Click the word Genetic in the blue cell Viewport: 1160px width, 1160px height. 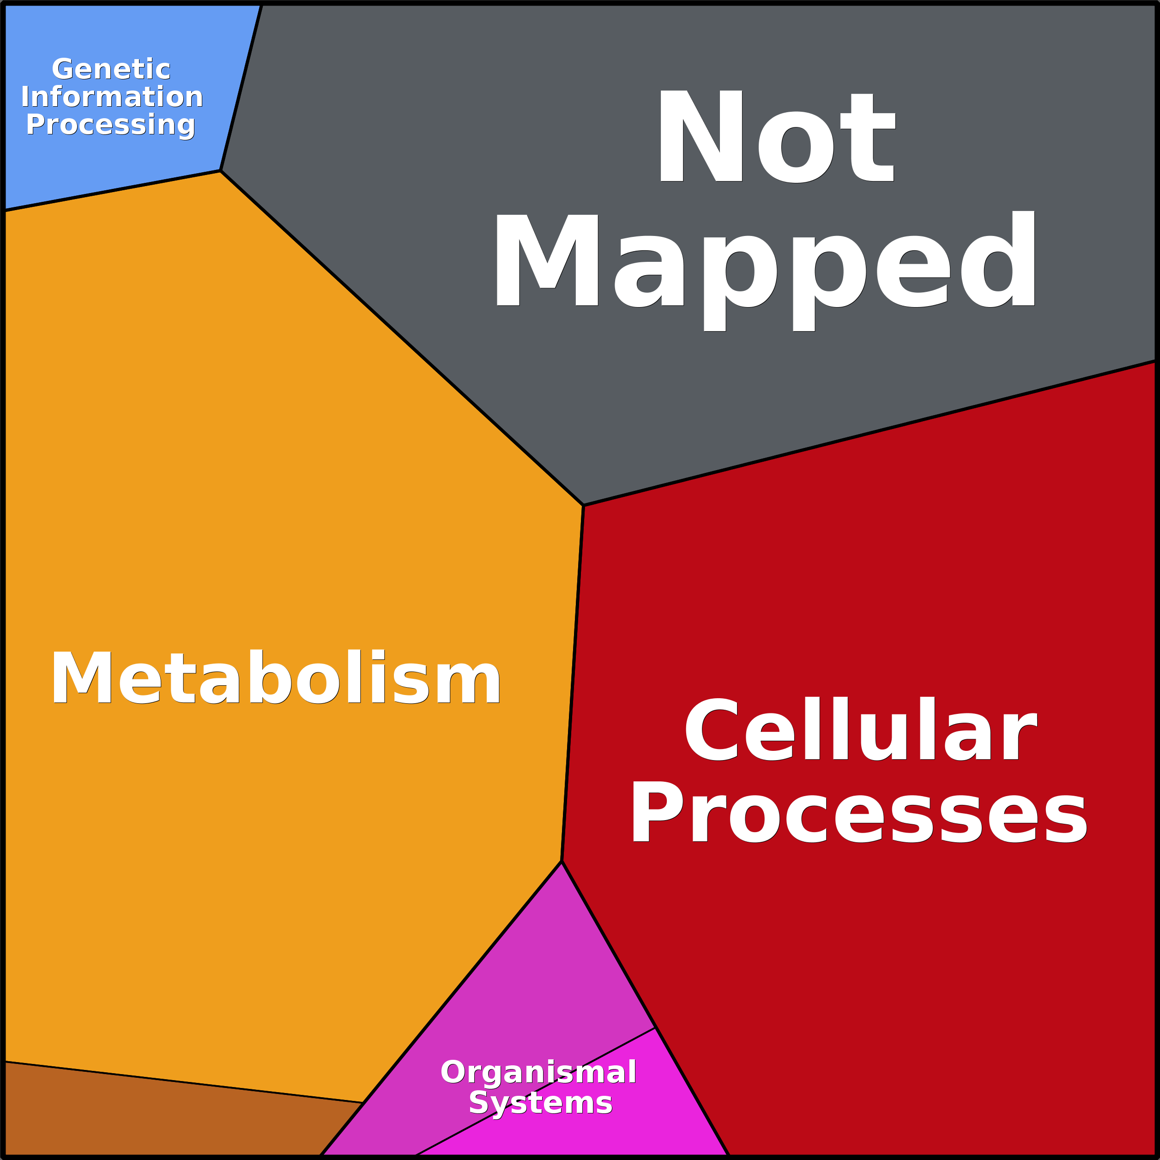(x=111, y=69)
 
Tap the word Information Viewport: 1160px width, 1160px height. (x=112, y=97)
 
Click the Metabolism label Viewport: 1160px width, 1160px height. (x=276, y=677)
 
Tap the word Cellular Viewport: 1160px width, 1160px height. (x=860, y=728)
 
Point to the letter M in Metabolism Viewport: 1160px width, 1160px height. (x=82, y=677)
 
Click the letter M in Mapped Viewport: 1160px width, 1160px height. (x=546, y=260)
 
